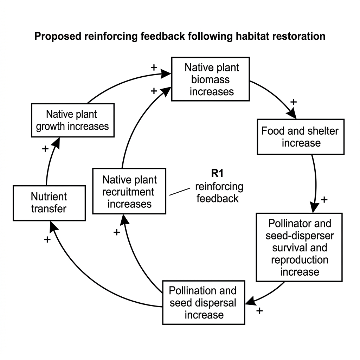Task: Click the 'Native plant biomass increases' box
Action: click(211, 79)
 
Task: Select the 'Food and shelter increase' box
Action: click(301, 137)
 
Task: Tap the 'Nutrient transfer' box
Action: click(49, 203)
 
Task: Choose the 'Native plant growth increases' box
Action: click(73, 120)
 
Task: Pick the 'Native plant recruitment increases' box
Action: click(129, 191)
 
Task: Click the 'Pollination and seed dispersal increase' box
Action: click(204, 302)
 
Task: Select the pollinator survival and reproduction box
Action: click(299, 247)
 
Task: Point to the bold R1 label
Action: click(217, 173)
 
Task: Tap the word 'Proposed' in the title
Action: click(58, 37)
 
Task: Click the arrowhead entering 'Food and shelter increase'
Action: click(292, 114)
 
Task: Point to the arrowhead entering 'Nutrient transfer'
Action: click(53, 227)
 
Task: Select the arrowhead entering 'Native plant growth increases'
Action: click(56, 143)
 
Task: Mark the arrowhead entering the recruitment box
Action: click(124, 220)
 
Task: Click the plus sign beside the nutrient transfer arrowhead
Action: click(47, 240)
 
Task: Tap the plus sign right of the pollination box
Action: click(259, 311)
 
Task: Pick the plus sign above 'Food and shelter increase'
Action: click(294, 102)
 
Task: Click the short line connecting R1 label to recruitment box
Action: click(180, 192)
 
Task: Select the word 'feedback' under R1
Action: click(217, 199)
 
